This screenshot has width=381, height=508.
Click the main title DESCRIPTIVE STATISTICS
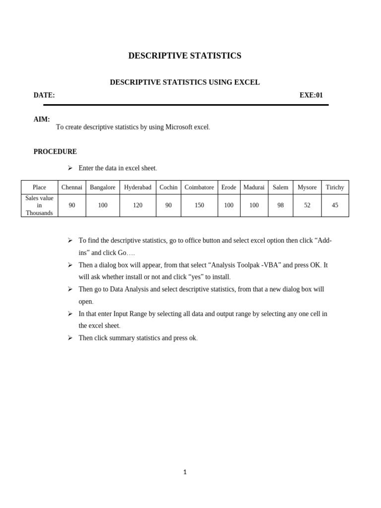[185, 56]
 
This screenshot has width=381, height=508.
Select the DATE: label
[44, 95]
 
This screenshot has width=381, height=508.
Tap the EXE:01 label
[311, 95]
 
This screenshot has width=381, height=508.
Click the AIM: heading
[42, 119]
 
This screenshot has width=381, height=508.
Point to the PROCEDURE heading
[55, 152]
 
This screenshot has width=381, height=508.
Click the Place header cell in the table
[39, 188]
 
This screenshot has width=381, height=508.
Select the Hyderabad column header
[137, 188]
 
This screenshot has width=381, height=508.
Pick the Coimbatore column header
[199, 188]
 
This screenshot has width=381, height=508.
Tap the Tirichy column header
[335, 188]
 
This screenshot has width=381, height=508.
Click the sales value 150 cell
[199, 205]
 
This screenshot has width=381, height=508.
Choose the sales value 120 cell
[137, 205]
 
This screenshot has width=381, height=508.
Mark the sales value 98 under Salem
[280, 205]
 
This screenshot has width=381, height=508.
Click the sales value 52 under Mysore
[307, 205]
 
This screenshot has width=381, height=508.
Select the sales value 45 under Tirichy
[335, 205]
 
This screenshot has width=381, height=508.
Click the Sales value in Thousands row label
[39, 205]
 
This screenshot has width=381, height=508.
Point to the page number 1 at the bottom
[185, 472]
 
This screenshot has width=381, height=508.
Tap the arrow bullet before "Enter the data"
[70, 168]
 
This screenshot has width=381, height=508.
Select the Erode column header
[229, 188]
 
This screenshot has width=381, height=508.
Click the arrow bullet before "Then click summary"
[70, 338]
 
